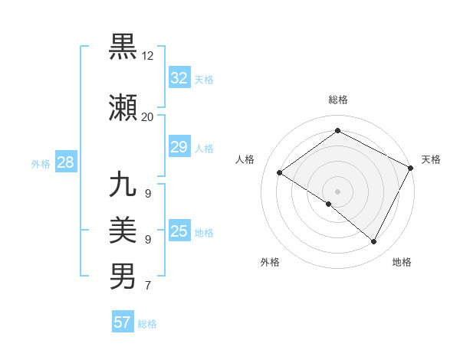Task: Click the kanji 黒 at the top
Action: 123,47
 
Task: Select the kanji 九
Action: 123,186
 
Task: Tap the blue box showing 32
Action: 179,77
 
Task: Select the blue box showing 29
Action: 179,147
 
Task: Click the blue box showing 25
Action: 179,231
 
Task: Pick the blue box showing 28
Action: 65,162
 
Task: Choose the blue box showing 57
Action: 123,322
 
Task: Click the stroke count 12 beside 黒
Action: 148,57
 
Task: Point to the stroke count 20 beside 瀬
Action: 147,116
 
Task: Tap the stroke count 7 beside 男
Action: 147,286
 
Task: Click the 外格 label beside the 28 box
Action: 41,163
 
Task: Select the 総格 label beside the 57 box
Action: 147,324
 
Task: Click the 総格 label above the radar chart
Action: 337,100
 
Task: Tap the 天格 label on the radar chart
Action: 431,159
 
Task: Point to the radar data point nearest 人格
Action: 280,173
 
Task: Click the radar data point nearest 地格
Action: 374,242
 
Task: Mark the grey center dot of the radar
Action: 337,191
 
